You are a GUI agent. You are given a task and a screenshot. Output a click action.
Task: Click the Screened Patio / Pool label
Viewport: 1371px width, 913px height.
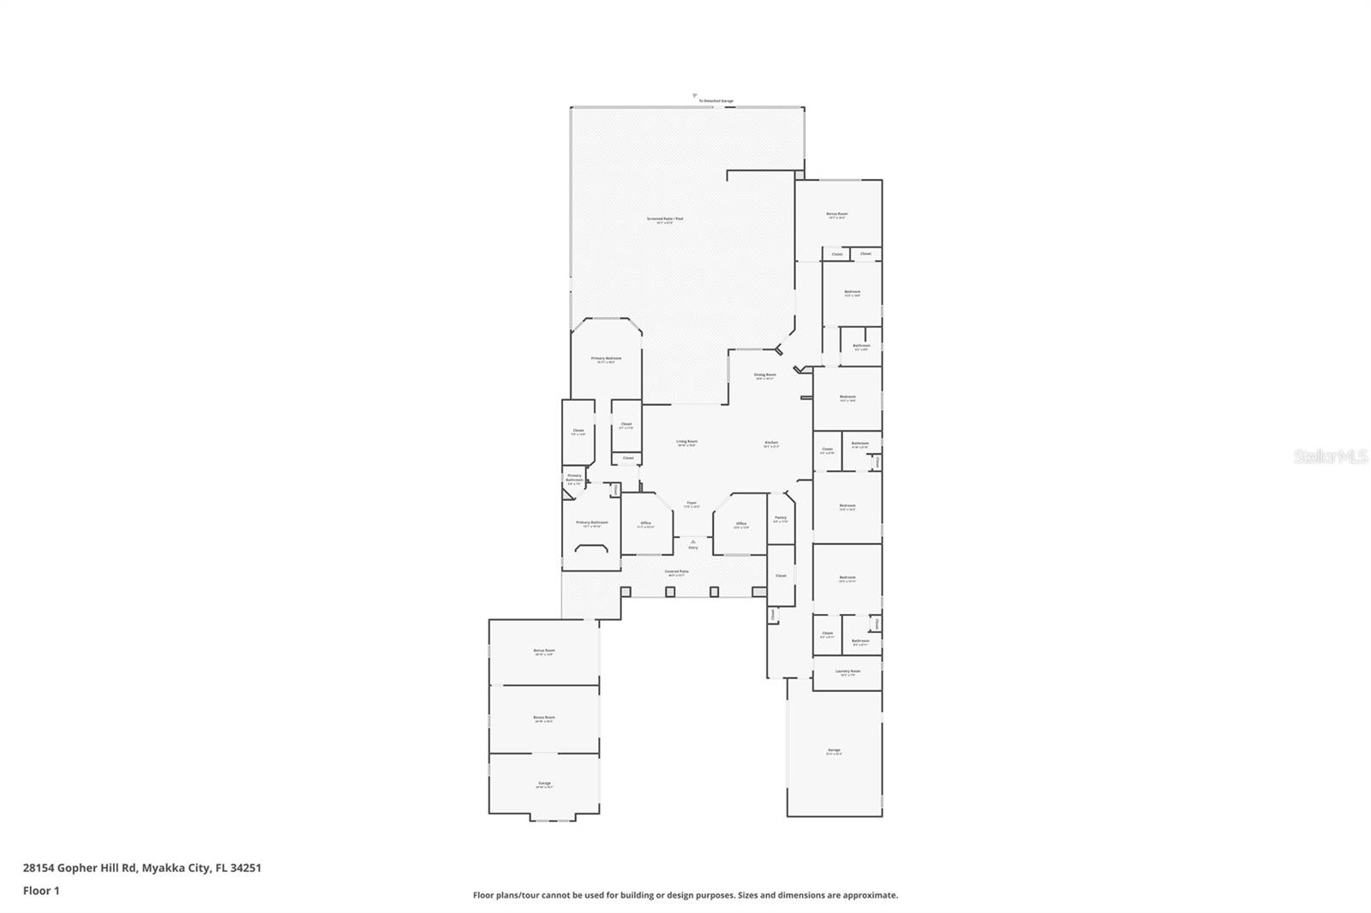665,219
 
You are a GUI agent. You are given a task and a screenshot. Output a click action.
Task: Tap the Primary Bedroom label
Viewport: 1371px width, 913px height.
606,359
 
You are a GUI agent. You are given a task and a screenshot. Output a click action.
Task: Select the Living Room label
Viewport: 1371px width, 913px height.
686,442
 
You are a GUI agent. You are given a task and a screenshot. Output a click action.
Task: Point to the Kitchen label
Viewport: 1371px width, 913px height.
771,443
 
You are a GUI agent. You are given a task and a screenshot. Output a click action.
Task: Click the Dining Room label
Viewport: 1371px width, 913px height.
764,375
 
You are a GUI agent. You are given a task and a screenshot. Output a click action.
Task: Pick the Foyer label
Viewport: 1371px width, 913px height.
691,504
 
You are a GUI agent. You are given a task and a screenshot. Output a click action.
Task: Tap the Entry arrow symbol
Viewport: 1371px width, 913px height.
692,541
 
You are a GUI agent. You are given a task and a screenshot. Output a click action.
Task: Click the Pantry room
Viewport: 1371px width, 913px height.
780,518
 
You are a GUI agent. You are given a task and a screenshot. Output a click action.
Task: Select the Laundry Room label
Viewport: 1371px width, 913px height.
847,671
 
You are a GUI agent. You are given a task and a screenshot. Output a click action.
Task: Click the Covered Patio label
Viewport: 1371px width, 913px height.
677,571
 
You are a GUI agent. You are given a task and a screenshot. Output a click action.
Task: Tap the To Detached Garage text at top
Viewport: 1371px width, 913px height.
715,101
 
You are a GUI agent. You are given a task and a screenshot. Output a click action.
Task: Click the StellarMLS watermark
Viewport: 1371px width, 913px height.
1330,457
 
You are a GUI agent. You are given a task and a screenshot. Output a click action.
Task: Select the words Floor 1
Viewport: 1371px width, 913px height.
41,891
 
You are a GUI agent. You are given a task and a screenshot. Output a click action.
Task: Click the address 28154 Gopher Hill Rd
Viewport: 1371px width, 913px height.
81,868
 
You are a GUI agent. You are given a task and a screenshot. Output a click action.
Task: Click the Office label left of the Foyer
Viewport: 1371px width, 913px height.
645,523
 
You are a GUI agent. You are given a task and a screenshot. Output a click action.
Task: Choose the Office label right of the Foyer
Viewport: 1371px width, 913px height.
740,523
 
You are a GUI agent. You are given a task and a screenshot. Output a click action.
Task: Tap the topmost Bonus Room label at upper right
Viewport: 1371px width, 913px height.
836,214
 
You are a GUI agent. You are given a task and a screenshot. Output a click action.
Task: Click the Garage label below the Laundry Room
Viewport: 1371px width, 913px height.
834,750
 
